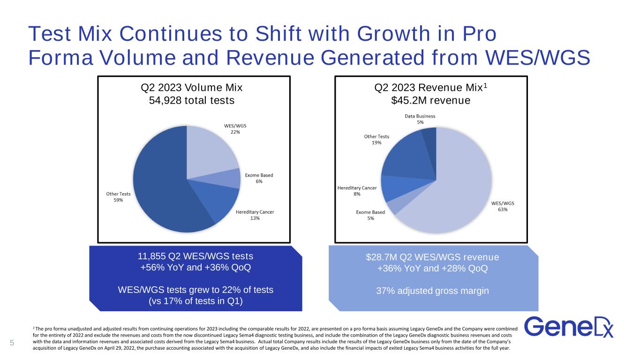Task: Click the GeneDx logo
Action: coord(568,327)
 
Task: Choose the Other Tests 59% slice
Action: coord(159,187)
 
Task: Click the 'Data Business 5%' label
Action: coord(420,119)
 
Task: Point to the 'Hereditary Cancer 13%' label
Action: coord(255,215)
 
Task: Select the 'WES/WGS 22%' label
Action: coord(235,129)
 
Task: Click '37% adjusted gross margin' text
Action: coord(433,291)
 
